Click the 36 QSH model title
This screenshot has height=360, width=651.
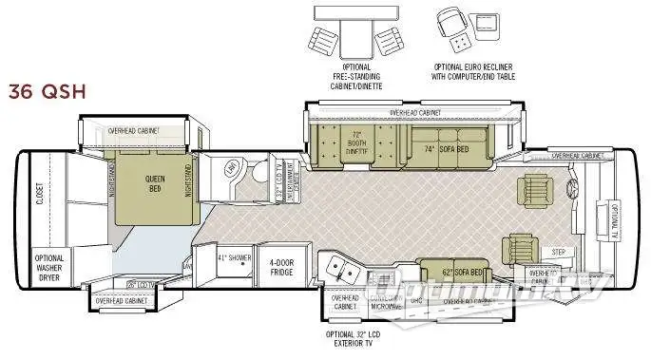48,91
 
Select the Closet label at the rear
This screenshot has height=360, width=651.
40,194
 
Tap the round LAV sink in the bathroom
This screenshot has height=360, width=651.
230,167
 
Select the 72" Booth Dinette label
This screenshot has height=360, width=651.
355,142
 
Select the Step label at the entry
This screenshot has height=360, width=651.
559,252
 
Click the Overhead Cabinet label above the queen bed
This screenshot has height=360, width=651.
133,129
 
